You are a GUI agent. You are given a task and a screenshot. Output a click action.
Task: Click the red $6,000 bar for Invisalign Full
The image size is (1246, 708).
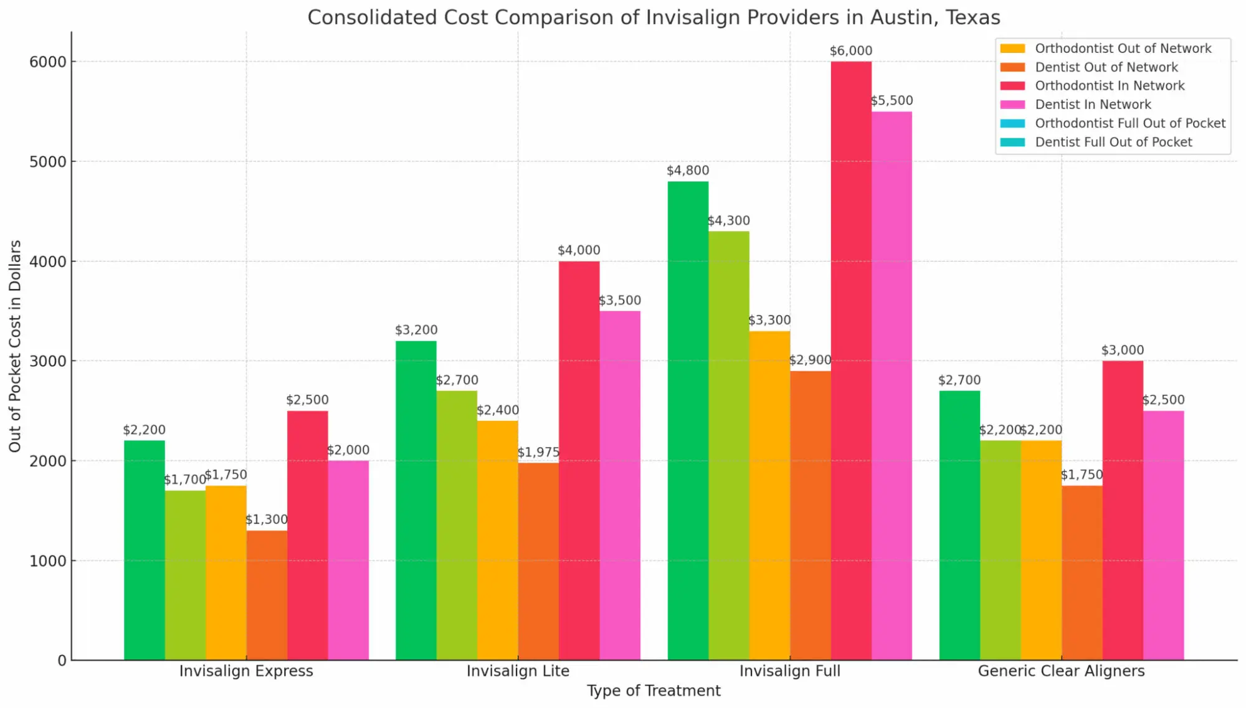click(x=851, y=361)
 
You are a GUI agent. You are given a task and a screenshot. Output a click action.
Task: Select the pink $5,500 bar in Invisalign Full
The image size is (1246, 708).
click(x=892, y=386)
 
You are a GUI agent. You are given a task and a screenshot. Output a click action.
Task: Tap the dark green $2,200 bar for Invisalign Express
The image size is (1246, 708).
click(x=145, y=550)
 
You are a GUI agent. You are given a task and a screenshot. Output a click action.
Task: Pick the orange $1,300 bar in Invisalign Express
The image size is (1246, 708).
click(x=267, y=595)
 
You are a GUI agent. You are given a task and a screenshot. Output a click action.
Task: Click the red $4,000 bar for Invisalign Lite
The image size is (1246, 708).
click(x=579, y=461)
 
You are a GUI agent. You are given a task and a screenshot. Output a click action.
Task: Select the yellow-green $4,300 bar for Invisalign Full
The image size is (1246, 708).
click(x=729, y=446)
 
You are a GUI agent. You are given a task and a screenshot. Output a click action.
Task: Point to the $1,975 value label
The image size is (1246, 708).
click(x=538, y=452)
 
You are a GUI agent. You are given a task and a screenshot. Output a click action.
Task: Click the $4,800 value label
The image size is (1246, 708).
click(x=688, y=171)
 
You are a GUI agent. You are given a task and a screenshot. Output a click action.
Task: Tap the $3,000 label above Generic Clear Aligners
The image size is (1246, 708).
click(x=1122, y=350)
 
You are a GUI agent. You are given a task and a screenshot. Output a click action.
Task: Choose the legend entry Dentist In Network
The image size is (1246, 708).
click(x=1093, y=105)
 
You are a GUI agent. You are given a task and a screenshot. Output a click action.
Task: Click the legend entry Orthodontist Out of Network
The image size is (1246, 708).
click(x=1123, y=49)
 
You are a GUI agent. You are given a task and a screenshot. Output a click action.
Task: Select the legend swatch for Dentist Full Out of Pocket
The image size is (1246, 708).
click(x=1012, y=142)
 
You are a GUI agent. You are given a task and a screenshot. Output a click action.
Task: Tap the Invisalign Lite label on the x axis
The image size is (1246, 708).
click(x=518, y=671)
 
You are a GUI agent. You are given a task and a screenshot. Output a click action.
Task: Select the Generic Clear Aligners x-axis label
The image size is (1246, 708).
click(x=1061, y=671)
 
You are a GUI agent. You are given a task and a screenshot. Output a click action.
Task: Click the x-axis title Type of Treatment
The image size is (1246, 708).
click(x=654, y=691)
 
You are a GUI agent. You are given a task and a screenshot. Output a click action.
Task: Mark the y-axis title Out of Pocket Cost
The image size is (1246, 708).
click(x=15, y=346)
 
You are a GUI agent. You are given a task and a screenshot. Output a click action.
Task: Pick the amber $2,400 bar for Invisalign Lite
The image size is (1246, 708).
click(x=497, y=540)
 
